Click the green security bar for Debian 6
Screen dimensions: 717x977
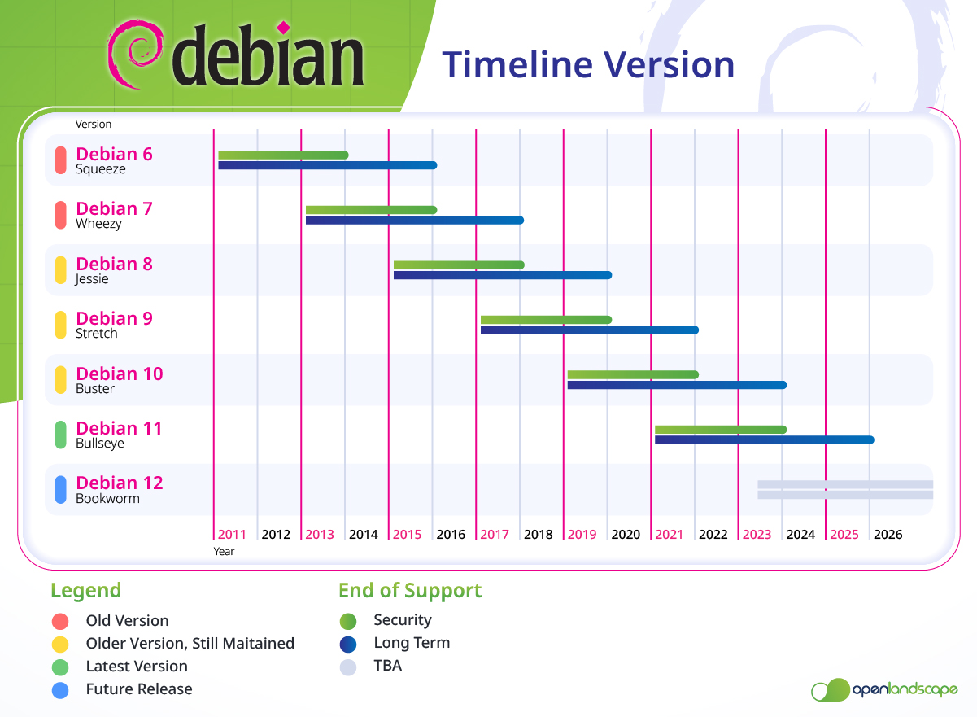(283, 155)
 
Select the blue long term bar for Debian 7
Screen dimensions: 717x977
(414, 220)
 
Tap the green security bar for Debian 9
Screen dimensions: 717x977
(546, 320)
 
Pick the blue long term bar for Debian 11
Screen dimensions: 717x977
(764, 440)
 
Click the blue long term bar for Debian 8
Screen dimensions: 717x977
(502, 275)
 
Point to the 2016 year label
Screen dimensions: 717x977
(451, 535)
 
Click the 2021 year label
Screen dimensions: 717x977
(670, 535)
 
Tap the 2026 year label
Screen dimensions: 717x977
(888, 535)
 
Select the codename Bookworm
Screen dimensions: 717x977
(107, 498)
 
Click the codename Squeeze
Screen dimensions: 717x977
(101, 169)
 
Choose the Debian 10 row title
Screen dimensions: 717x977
(120, 374)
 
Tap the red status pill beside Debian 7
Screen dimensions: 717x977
(60, 216)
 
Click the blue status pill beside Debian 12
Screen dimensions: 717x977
(60, 489)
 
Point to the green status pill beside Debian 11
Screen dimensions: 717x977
(60, 435)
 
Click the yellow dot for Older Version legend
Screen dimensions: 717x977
(59, 644)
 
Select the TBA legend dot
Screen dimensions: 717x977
(348, 667)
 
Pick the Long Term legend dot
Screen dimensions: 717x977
(348, 645)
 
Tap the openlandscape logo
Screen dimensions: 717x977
(884, 690)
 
